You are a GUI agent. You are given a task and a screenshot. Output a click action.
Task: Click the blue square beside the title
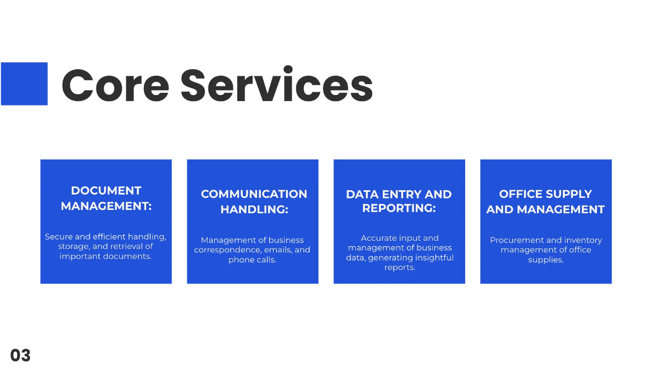pyautogui.click(x=24, y=84)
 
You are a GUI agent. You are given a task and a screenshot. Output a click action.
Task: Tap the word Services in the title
pyautogui.click(x=277, y=86)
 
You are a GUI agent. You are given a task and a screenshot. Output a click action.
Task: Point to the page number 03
pyautogui.click(x=20, y=356)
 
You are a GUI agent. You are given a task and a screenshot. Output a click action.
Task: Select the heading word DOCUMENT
pyautogui.click(x=106, y=191)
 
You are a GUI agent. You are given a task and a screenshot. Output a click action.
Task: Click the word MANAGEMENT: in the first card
pyautogui.click(x=106, y=206)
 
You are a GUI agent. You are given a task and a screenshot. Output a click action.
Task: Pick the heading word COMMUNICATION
pyautogui.click(x=254, y=194)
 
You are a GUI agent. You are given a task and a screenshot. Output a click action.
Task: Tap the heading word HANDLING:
pyautogui.click(x=254, y=209)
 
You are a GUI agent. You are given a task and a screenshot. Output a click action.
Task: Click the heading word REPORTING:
pyautogui.click(x=399, y=208)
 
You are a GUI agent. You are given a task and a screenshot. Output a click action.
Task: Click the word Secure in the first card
pyautogui.click(x=59, y=237)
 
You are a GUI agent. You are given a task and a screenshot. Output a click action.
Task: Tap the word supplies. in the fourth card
pyautogui.click(x=546, y=260)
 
